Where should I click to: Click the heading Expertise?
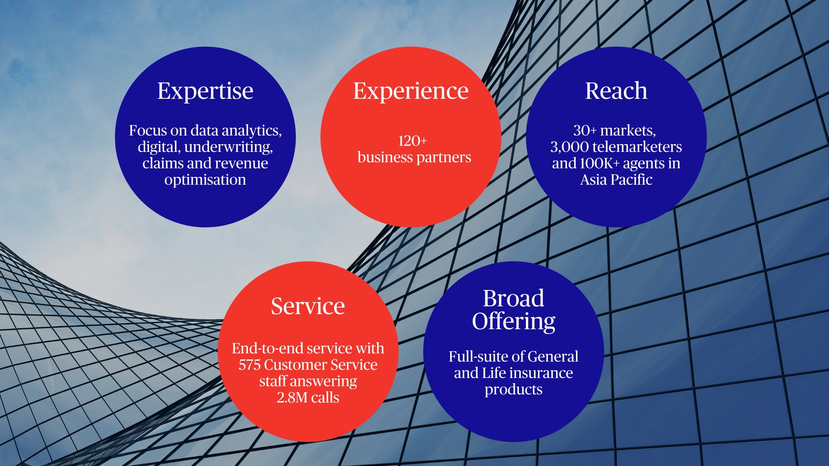pos(205,91)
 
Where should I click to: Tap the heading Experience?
pos(411,91)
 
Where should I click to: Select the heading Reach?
pos(616,91)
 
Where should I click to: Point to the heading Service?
pos(308,306)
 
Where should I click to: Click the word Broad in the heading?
pos(513,298)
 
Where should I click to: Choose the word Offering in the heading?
pos(513,322)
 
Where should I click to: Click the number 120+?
pos(412,141)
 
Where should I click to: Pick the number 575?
pos(250,365)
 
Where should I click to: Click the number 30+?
pos(585,130)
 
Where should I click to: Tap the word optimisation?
pos(205,180)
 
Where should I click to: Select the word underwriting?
pos(228,147)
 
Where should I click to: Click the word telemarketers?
pos(637,147)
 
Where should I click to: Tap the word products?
pos(513,390)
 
